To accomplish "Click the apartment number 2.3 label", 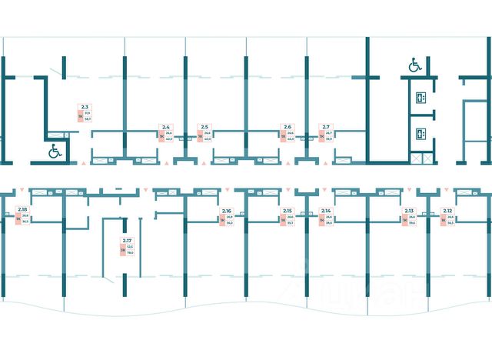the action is pyautogui.click(x=85, y=107).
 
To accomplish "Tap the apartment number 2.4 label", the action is pyautogui.click(x=165, y=126).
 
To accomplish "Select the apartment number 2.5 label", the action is pyautogui.click(x=204, y=126).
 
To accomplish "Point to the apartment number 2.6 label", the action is pyautogui.click(x=288, y=126).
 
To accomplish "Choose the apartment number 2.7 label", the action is pyautogui.click(x=326, y=126).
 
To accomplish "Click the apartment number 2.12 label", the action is pyautogui.click(x=447, y=210).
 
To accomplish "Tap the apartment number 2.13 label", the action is pyautogui.click(x=409, y=210).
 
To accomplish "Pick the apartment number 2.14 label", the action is pyautogui.click(x=326, y=210).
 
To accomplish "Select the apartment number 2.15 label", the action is pyautogui.click(x=288, y=210).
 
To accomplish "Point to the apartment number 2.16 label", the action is pyautogui.click(x=227, y=210).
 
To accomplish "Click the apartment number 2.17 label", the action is pyautogui.click(x=127, y=240).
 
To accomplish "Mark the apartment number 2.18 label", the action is pyautogui.click(x=22, y=210).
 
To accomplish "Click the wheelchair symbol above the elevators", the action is pyautogui.click(x=415, y=66).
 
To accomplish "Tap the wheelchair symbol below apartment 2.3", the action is pyautogui.click(x=55, y=151).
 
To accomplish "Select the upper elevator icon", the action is pyautogui.click(x=420, y=97).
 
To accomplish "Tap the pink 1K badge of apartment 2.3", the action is pyautogui.click(x=79, y=116).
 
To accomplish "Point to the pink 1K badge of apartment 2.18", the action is pyautogui.click(x=17, y=219).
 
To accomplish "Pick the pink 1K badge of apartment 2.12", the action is pyautogui.click(x=442, y=219).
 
